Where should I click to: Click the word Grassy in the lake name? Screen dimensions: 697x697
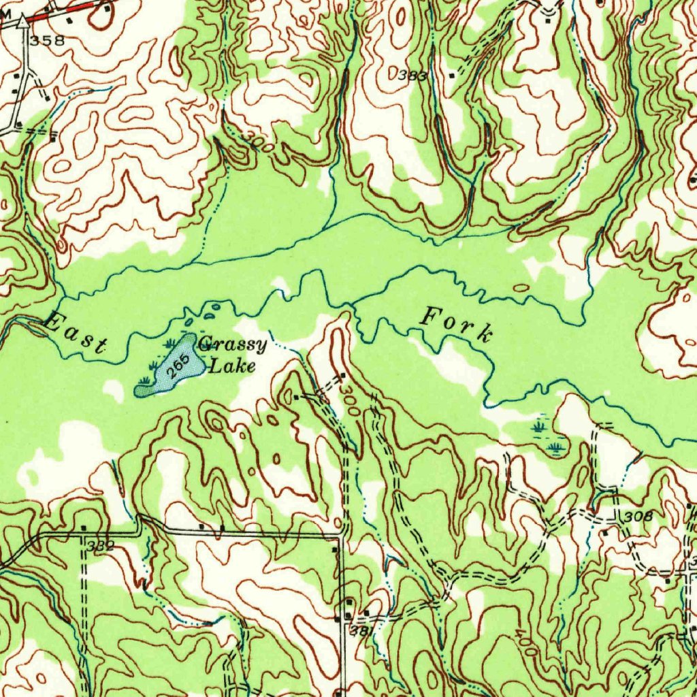[233, 346]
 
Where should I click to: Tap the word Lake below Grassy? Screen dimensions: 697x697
[232, 368]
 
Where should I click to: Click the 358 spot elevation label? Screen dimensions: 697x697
[46, 41]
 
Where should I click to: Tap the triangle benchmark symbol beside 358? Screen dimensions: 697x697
[25, 22]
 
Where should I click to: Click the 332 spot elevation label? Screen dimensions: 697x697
[101, 547]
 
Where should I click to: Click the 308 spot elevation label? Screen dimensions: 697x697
[638, 517]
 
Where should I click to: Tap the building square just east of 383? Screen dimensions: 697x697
[451, 76]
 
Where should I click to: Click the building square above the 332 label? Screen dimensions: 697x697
[82, 528]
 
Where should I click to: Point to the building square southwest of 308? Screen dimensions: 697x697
[604, 532]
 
